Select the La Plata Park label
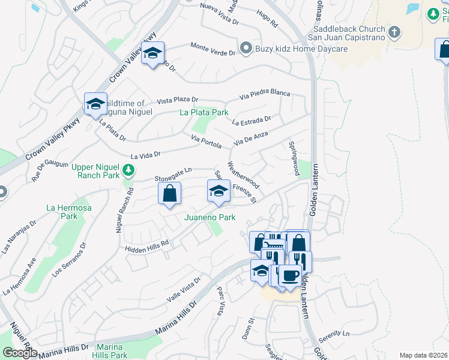[x=204, y=112]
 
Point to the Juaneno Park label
[x=209, y=217]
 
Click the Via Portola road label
[x=206, y=142]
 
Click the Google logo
[x=20, y=353]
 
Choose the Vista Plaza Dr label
[x=177, y=100]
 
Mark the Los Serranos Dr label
[x=69, y=259]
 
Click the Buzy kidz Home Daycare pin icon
[x=245, y=48]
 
